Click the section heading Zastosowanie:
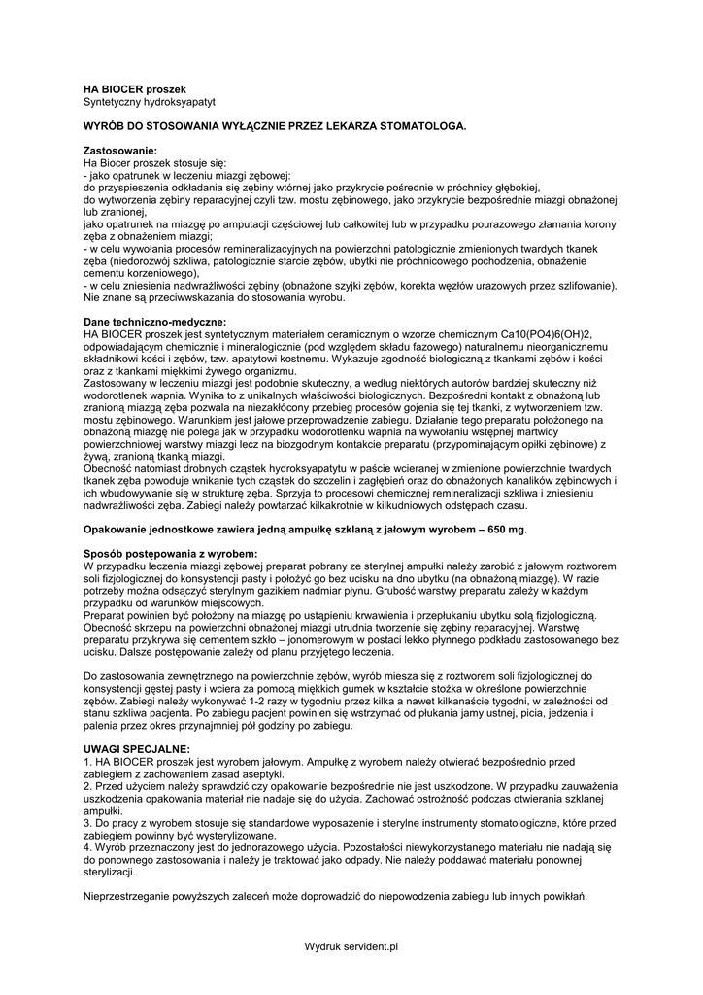(120, 151)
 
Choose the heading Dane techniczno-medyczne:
(155, 322)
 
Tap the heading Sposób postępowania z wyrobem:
(171, 553)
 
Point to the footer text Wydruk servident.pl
(351, 945)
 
